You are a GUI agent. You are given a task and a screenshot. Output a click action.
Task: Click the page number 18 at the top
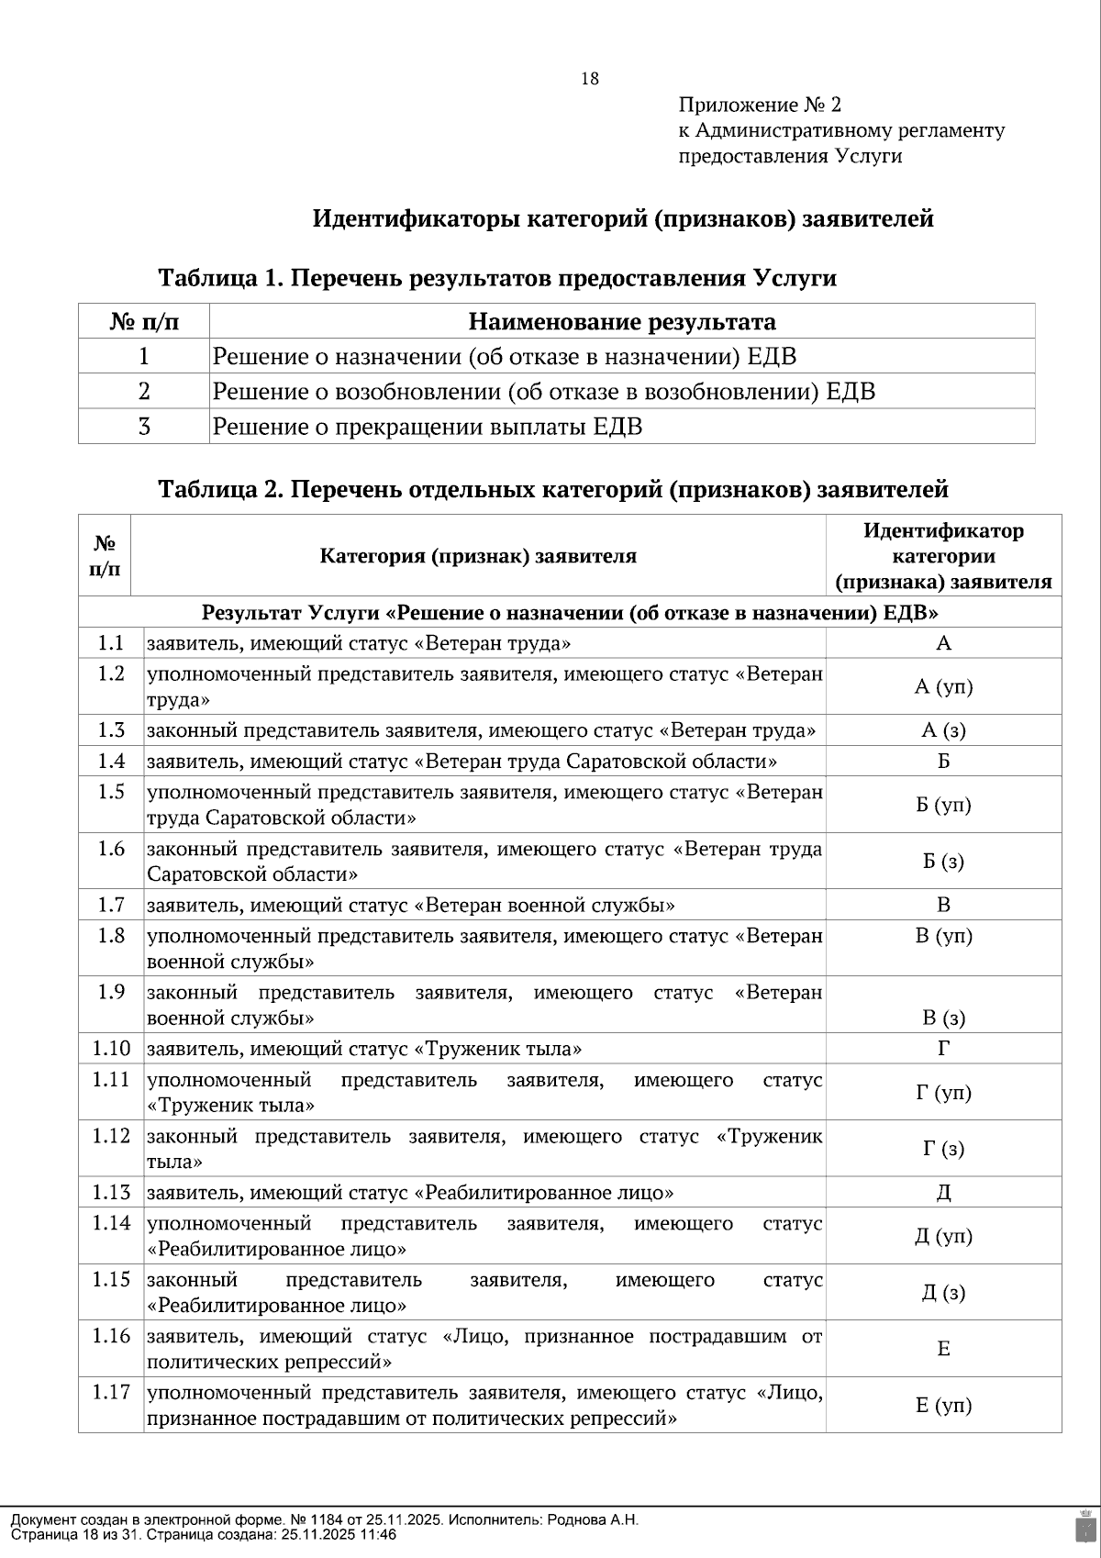590,79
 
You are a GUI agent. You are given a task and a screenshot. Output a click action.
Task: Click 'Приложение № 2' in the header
760,105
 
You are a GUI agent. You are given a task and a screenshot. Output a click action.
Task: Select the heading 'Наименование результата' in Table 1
621,322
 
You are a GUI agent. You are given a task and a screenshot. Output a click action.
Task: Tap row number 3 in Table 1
144,427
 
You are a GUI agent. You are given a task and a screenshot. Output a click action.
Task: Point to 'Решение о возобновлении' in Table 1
355,392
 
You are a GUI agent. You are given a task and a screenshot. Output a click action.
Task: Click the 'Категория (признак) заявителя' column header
478,556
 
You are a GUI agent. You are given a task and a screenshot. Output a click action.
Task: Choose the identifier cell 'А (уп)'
943,686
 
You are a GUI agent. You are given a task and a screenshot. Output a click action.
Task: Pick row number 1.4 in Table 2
111,761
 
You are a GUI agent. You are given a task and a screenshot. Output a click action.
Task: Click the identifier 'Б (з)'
943,862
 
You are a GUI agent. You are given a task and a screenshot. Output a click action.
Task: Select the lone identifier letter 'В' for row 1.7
943,905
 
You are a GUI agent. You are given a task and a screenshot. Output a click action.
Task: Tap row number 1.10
111,1048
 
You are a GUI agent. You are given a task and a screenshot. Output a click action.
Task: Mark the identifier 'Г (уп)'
943,1093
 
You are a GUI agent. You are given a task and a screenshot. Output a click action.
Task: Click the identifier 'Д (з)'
943,1293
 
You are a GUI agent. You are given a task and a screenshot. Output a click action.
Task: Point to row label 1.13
111,1192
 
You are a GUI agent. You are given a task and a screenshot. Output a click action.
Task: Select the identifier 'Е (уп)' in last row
943,1405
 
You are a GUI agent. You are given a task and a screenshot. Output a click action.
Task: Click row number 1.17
111,1392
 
